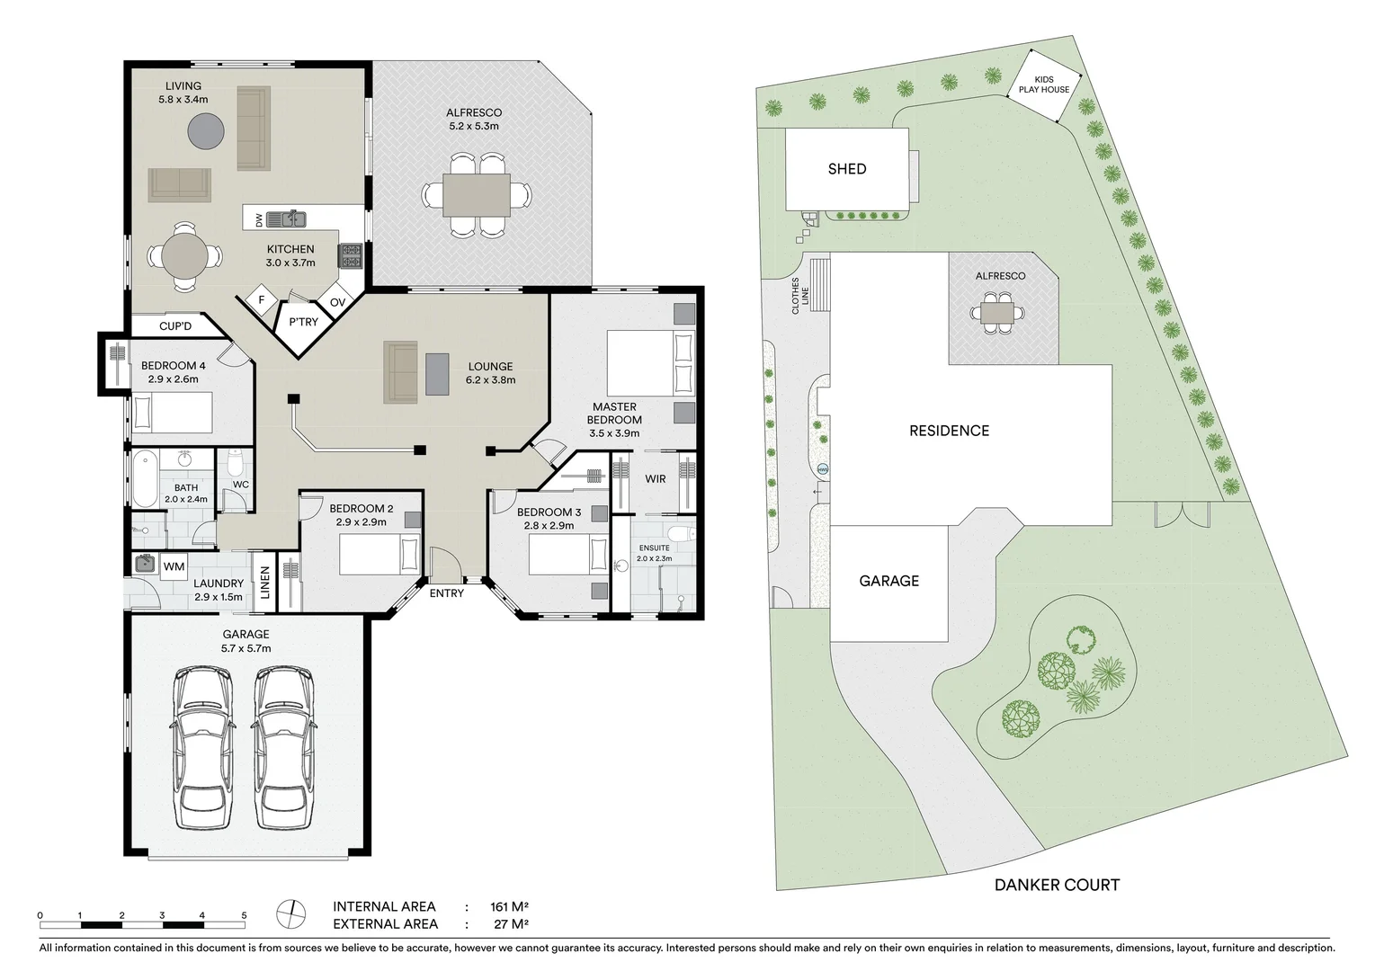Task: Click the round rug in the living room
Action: tap(206, 131)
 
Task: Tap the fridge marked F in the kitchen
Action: tap(262, 300)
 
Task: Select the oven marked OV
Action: tap(337, 302)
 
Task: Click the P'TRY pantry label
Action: tap(303, 322)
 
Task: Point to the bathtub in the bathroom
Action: tap(144, 479)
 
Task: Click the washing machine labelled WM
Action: tap(174, 566)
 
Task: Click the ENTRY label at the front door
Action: tap(447, 593)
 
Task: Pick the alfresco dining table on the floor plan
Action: tap(477, 194)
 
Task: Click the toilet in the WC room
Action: tap(236, 464)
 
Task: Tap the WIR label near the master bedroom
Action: tap(656, 479)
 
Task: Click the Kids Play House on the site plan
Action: tap(1044, 85)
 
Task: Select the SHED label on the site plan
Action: tap(847, 169)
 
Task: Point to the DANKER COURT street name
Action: tap(1057, 886)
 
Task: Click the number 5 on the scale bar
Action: tap(244, 915)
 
